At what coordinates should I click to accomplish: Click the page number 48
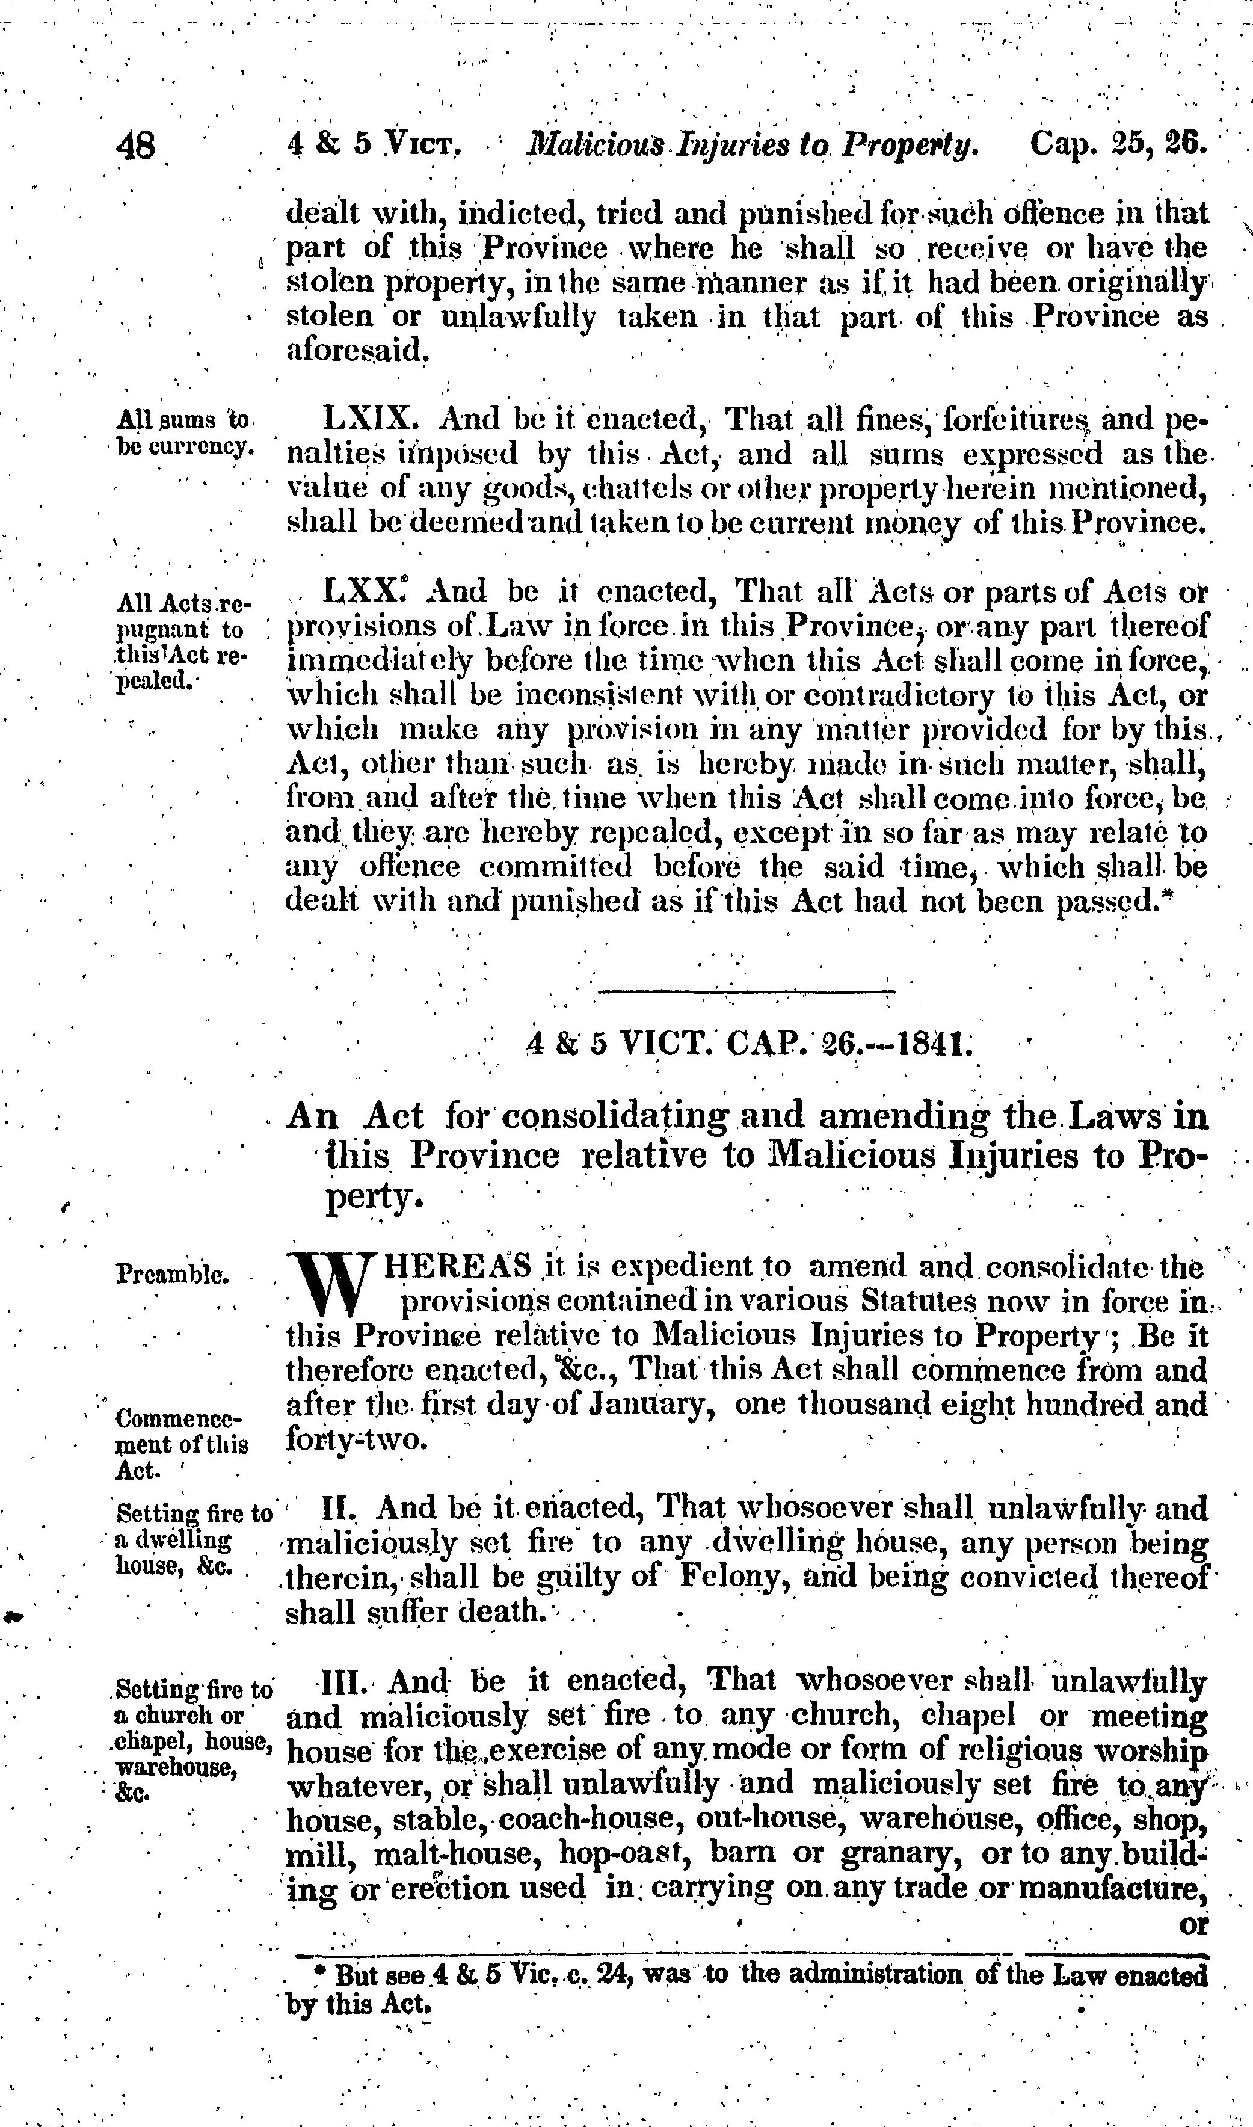pos(136,146)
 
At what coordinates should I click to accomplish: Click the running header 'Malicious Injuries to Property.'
pos(751,145)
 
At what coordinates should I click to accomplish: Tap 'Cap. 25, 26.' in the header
pos(1119,144)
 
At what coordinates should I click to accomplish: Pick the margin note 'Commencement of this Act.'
pos(180,1442)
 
